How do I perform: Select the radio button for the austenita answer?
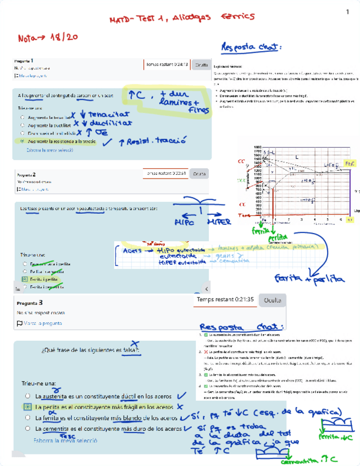coord(27,396)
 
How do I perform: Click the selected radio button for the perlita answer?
coord(27,407)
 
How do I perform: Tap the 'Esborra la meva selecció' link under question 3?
coord(65,441)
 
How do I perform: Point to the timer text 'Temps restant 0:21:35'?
coord(225,299)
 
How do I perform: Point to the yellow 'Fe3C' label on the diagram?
coord(350,164)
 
